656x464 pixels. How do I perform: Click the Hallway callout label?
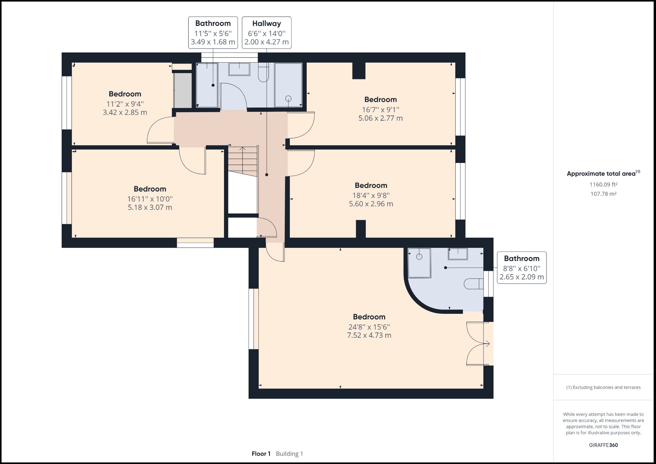[x=266, y=24]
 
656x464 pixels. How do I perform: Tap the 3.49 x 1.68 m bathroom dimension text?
[x=213, y=42]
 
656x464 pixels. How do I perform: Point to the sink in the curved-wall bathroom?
[x=458, y=254]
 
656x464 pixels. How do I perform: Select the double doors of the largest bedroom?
[x=476, y=344]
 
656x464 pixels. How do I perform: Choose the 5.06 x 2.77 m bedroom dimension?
[x=380, y=118]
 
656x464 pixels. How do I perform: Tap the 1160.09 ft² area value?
[x=603, y=185]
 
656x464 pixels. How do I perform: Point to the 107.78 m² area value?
[x=603, y=194]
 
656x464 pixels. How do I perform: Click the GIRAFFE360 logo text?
[x=603, y=445]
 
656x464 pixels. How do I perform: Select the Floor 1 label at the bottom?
[x=261, y=454]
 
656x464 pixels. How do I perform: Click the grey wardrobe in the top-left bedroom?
[x=183, y=90]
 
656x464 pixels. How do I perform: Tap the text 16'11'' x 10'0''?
[x=150, y=199]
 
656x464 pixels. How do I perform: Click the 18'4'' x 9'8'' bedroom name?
[x=371, y=185]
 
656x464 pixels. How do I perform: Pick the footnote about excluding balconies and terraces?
[x=603, y=387]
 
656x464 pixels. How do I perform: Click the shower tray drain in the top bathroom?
[x=288, y=98]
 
